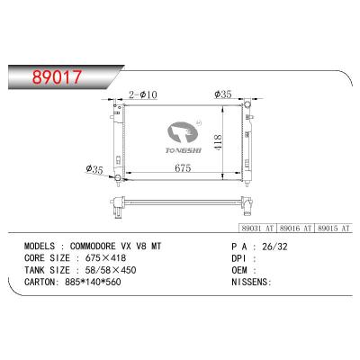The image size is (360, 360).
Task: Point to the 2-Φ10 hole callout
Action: pos(145,94)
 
